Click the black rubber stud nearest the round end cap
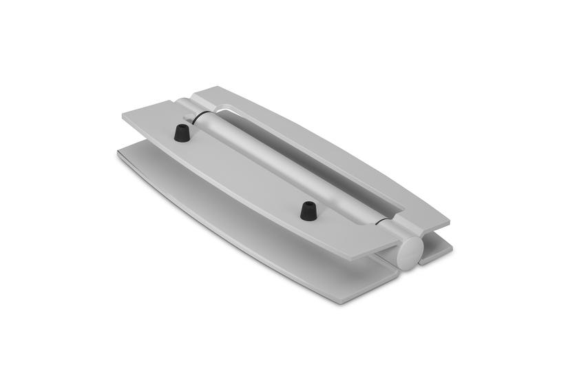coord(308,211)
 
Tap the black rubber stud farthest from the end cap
coord(182,132)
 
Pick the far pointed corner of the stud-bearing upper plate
coord(123,115)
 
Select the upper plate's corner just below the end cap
coord(375,259)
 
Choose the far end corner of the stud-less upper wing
coord(200,88)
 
